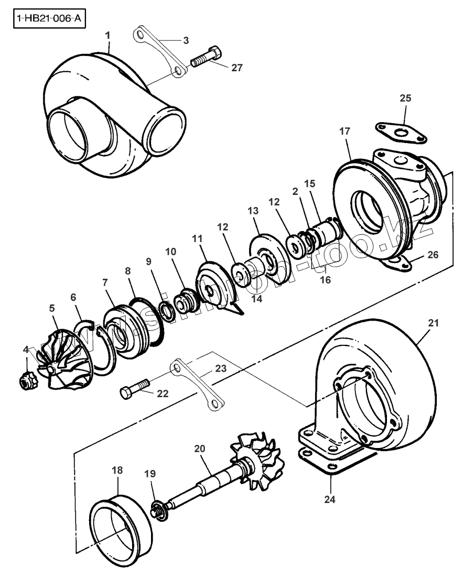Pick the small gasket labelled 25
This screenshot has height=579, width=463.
coord(401,132)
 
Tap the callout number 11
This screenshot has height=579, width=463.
coord(197,238)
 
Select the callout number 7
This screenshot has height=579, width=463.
coord(105,282)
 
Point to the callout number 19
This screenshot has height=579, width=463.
coord(150,473)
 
